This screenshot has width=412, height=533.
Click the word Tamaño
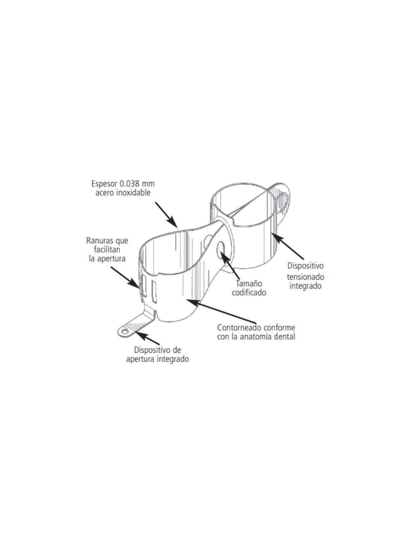[x=249, y=283]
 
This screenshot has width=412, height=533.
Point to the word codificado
[x=249, y=292]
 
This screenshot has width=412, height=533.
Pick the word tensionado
[x=305, y=277]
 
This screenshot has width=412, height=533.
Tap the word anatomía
[x=256, y=336]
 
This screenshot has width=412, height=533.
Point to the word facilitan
[x=107, y=250]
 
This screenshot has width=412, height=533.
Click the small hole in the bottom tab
[x=125, y=332]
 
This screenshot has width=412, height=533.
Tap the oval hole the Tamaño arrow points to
[x=220, y=247]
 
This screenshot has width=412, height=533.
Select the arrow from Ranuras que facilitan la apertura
[x=125, y=277]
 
